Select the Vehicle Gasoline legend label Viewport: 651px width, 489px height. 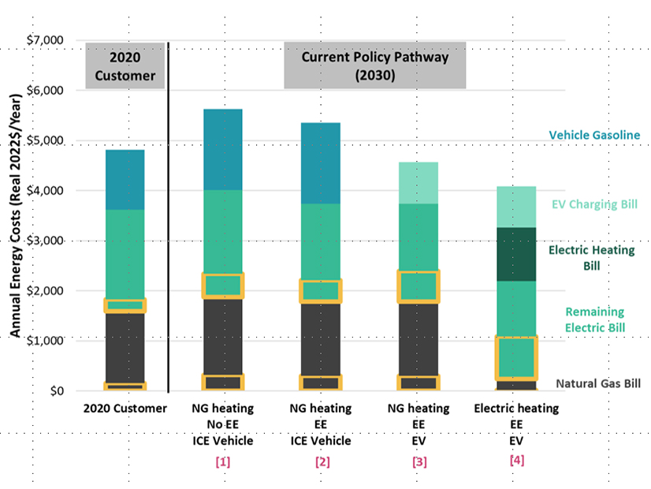tap(594, 136)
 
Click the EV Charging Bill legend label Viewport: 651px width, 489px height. tap(595, 204)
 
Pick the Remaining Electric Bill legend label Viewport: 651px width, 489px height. tap(594, 319)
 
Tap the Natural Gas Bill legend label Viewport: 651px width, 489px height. tap(597, 384)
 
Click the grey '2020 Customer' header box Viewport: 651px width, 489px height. tap(125, 66)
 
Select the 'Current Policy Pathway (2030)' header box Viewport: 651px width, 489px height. tap(375, 66)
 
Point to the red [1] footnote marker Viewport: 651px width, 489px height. tap(222, 462)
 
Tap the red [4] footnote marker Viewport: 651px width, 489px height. tap(516, 460)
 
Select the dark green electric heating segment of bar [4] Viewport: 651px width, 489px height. tap(516, 254)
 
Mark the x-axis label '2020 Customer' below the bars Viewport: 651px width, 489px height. tap(125, 409)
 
